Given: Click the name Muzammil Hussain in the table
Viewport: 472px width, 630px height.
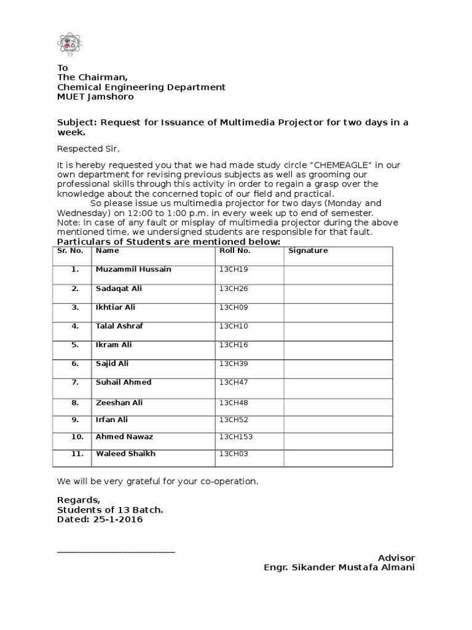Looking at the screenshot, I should pos(133,269).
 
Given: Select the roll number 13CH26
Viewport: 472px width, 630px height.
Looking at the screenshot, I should pos(232,289).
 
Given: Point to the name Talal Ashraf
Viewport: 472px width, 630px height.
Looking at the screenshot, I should pos(119,326).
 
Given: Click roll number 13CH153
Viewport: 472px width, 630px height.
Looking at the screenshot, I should pos(236,437).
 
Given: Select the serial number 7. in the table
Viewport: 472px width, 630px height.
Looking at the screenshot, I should pos(76,382).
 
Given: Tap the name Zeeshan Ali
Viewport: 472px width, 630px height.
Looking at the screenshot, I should pos(119,402).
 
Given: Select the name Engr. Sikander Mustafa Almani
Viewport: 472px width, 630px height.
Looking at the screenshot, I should pos(339,567).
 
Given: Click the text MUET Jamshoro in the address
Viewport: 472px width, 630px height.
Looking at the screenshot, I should pos(95,97).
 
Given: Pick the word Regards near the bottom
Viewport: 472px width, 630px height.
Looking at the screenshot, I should pos(77,500).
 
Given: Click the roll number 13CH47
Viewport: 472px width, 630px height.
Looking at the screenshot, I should pos(232,383).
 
